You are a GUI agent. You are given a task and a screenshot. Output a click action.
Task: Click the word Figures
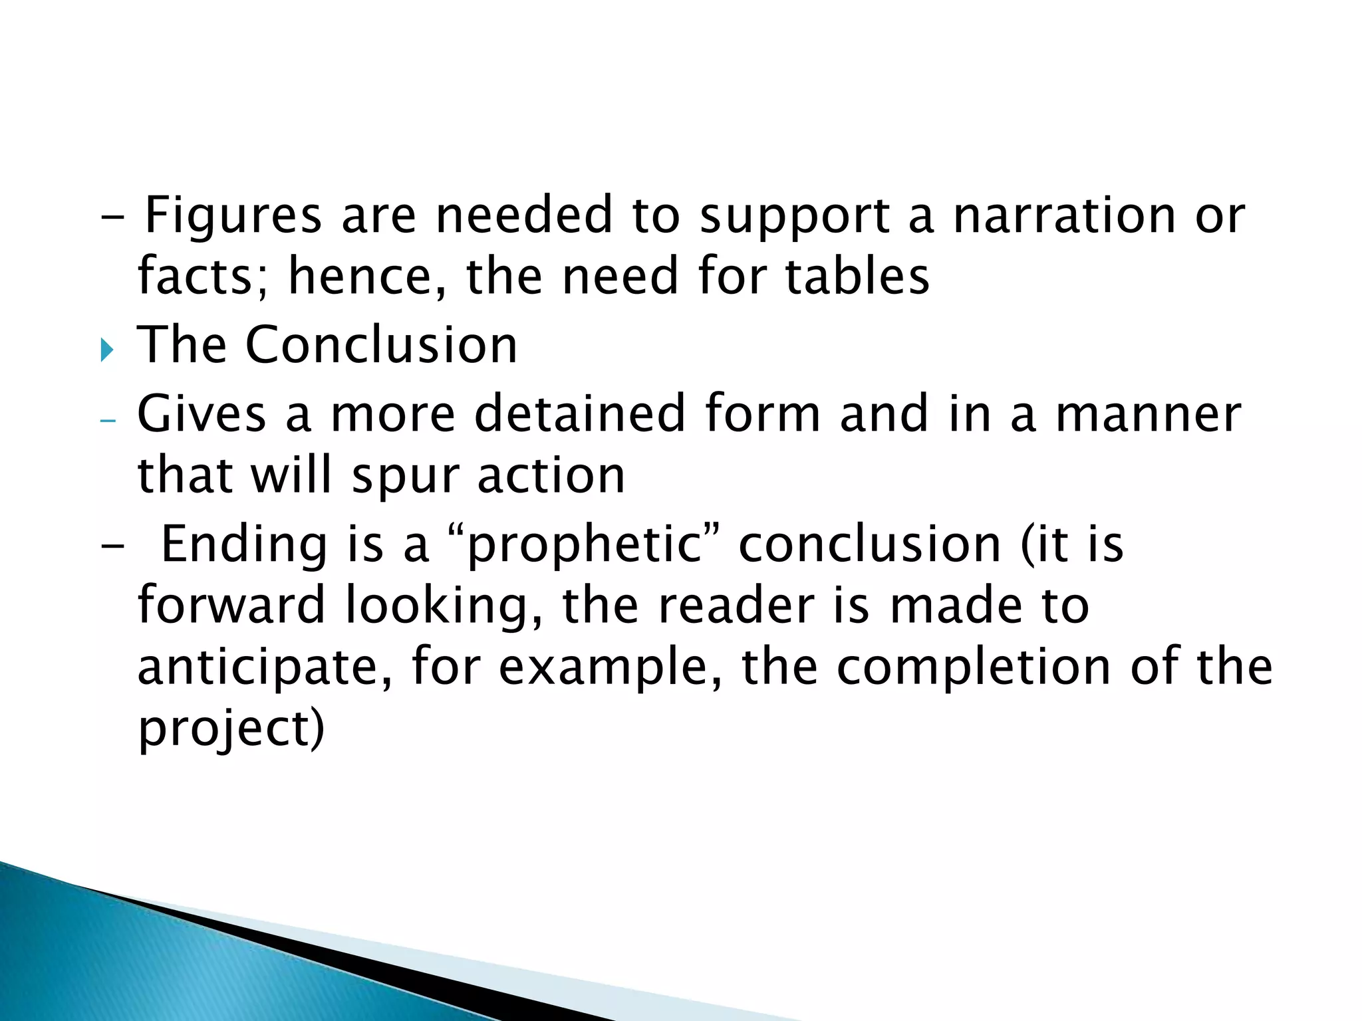233,216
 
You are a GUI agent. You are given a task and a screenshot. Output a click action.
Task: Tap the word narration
1065,216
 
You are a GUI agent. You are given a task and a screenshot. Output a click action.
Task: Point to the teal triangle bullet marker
107,349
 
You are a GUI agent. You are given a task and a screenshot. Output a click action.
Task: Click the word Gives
202,413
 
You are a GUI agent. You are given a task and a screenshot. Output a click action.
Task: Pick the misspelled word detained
579,413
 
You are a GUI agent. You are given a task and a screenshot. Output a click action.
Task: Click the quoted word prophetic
585,544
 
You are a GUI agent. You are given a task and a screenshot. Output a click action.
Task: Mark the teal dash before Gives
107,420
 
